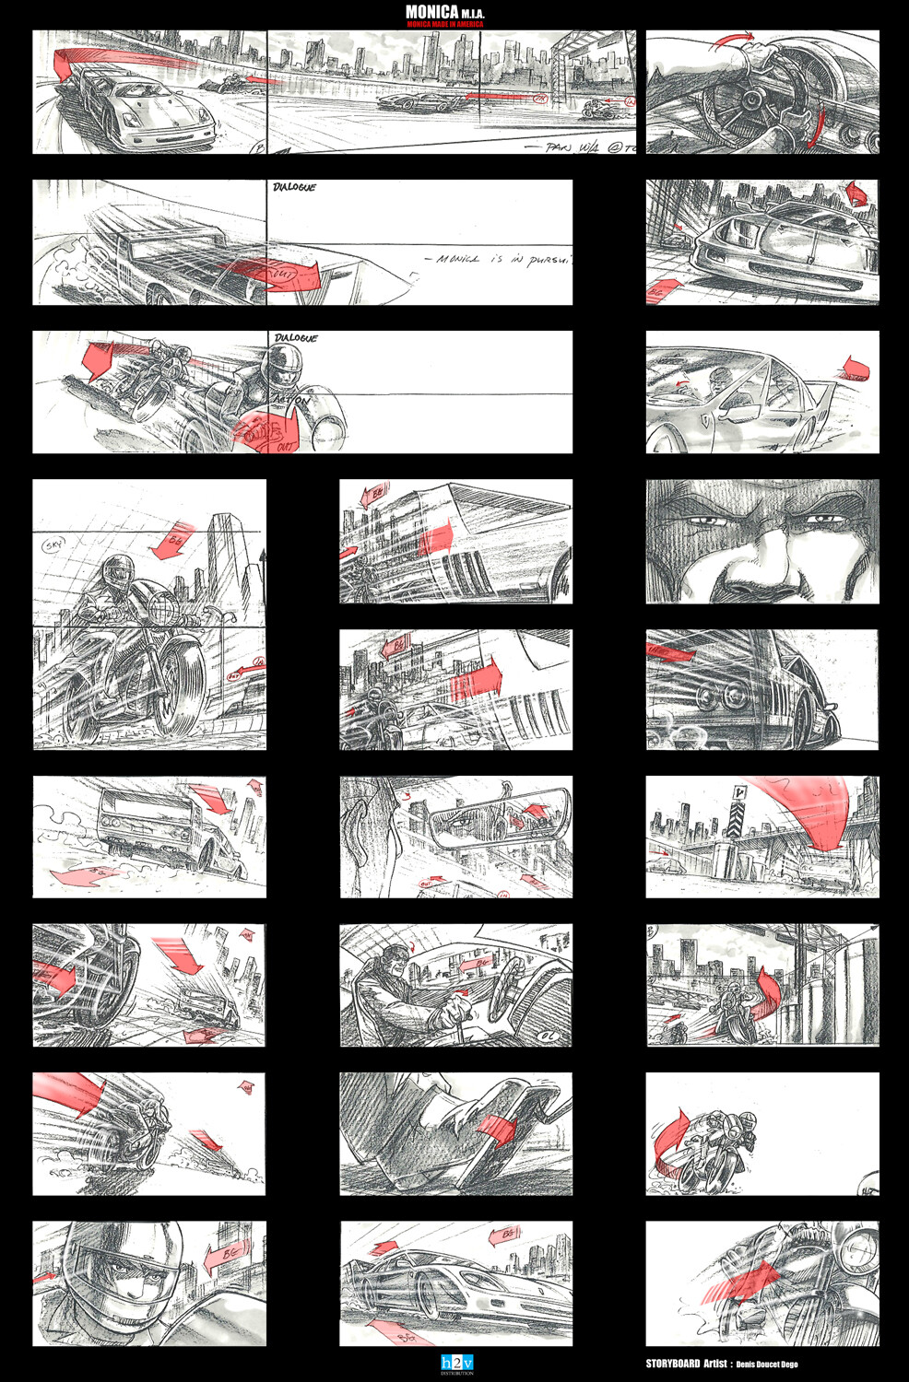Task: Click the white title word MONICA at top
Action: [x=431, y=12]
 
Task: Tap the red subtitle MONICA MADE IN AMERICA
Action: [x=445, y=24]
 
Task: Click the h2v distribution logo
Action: [x=456, y=1364]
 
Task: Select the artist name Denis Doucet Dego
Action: [x=767, y=1364]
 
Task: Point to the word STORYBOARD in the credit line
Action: [x=672, y=1364]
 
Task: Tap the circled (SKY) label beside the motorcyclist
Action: [x=53, y=545]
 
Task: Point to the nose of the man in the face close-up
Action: [x=751, y=576]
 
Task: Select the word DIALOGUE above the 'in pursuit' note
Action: [x=294, y=187]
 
